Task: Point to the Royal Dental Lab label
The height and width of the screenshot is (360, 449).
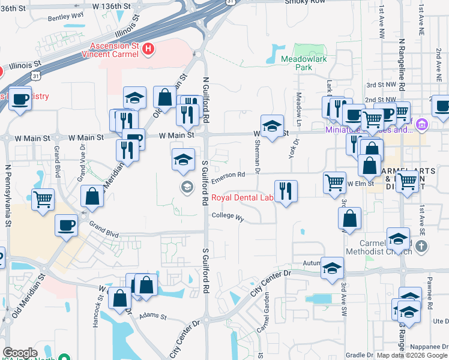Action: pyautogui.click(x=241, y=198)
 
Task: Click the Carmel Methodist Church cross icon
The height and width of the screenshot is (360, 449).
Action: pyautogui.click(x=422, y=246)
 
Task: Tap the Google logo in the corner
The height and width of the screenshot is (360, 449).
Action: pyautogui.click(x=20, y=353)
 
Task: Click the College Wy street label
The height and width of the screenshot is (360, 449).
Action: pyautogui.click(x=228, y=216)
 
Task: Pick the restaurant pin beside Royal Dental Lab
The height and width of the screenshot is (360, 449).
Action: pyautogui.click(x=286, y=191)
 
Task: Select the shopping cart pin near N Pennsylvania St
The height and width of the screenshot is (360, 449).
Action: pyautogui.click(x=43, y=199)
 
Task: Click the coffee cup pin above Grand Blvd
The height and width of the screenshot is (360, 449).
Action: pyautogui.click(x=66, y=225)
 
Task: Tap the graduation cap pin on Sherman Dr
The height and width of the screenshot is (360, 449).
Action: pyautogui.click(x=272, y=126)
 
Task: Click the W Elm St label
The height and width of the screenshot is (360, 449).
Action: pyautogui.click(x=360, y=184)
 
